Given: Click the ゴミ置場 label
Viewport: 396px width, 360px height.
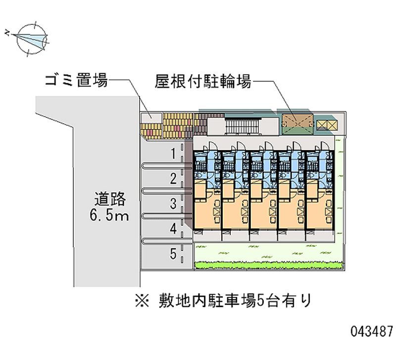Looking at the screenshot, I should click(76, 81).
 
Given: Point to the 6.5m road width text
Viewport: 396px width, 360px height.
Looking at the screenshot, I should click(110, 215).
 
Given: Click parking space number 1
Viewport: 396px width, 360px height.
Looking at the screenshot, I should click(173, 154).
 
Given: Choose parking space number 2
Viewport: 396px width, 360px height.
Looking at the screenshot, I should click(173, 178).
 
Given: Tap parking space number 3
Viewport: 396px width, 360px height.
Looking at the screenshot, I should click(173, 203).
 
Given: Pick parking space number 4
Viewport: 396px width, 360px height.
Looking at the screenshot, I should click(173, 229).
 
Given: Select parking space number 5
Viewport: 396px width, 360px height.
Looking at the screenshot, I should click(173, 254).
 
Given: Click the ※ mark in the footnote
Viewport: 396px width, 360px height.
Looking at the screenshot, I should click(143, 300).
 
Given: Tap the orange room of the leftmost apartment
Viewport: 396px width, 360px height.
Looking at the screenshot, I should click(206, 210).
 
